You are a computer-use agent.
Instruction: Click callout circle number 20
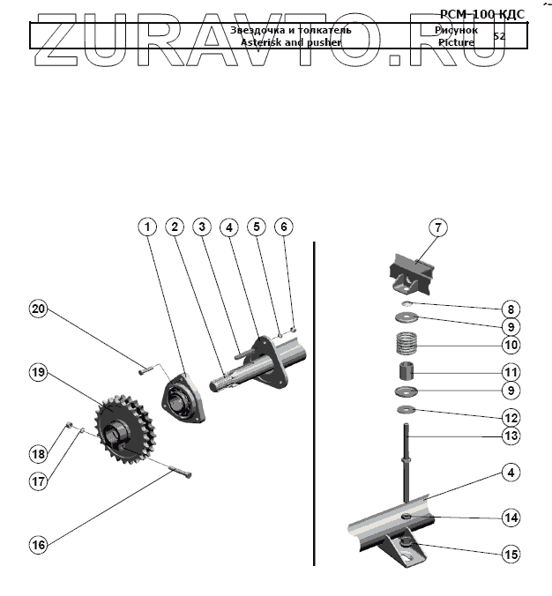pos(38,309)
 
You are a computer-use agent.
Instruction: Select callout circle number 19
pos(38,373)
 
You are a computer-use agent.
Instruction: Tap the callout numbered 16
pos(38,545)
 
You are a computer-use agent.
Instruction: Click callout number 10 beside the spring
pos(510,344)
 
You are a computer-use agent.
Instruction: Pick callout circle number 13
pos(510,435)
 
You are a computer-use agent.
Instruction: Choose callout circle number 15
pos(510,555)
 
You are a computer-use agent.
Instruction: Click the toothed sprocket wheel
pos(122,428)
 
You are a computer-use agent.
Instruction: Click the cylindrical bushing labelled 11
pos(407,371)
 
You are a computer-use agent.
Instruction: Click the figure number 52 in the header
pos(499,36)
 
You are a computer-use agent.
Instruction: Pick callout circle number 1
pos(148,227)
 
